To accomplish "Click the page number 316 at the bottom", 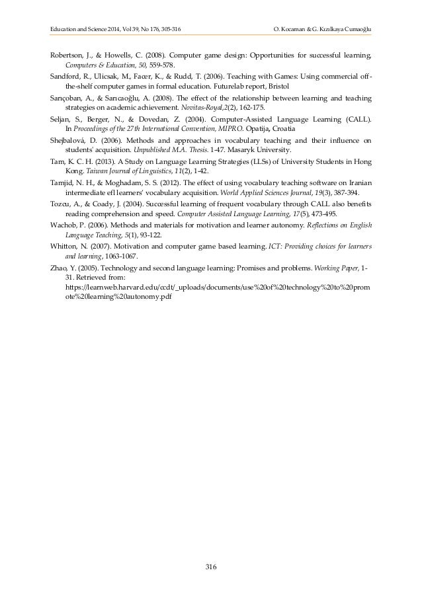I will (x=211, y=567).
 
